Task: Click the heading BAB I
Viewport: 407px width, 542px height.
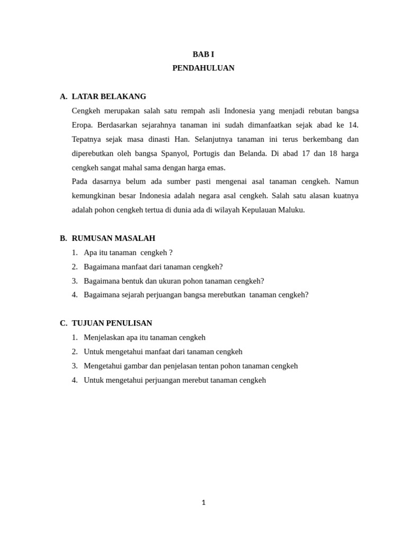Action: (203, 55)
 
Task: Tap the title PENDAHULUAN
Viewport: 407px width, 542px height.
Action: (203, 68)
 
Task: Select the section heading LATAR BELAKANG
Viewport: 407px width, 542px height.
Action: (109, 97)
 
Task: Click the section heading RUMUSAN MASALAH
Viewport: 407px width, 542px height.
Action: (113, 239)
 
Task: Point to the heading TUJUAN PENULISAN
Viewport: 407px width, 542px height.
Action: (112, 323)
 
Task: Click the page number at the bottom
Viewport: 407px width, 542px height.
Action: (203, 503)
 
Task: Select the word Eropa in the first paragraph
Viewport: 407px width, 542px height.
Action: (82, 125)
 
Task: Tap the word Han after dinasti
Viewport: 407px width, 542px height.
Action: (182, 140)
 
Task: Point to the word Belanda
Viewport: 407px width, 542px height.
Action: (252, 154)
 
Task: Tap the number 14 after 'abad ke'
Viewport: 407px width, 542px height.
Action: (353, 125)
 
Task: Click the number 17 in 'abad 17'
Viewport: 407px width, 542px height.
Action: (306, 154)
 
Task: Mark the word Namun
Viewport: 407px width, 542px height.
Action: (347, 182)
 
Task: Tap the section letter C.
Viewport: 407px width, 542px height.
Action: (63, 323)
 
